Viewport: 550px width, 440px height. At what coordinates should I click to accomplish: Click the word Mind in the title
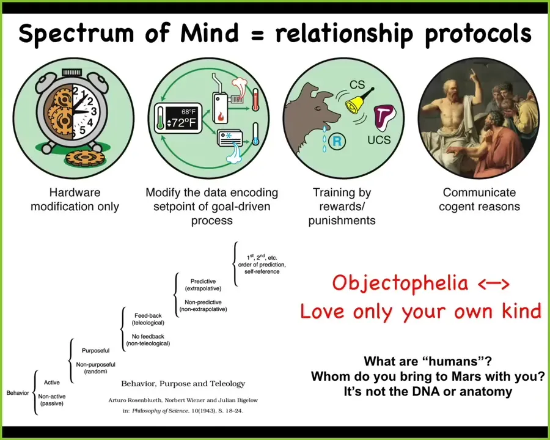point(210,33)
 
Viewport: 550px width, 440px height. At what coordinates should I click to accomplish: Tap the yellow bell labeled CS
point(357,102)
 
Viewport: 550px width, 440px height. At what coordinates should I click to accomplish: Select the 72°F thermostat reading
point(182,122)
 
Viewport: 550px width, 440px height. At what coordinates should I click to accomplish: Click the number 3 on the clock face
point(94,111)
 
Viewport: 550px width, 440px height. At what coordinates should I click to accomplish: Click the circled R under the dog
point(336,141)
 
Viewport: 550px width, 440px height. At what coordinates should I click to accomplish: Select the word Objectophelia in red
point(400,283)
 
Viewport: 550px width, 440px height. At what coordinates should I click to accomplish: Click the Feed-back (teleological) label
point(148,319)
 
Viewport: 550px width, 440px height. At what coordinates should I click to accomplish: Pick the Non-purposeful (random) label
point(95,368)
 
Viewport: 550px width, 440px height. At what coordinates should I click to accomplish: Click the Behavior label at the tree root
point(18,392)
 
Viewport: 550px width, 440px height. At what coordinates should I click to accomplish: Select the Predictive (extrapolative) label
point(203,285)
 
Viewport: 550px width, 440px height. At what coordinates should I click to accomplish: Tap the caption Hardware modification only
point(75,199)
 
